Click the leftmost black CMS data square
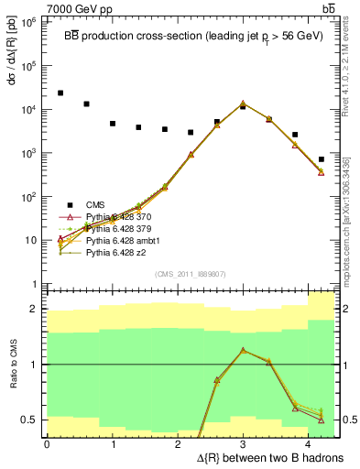(60, 93)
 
